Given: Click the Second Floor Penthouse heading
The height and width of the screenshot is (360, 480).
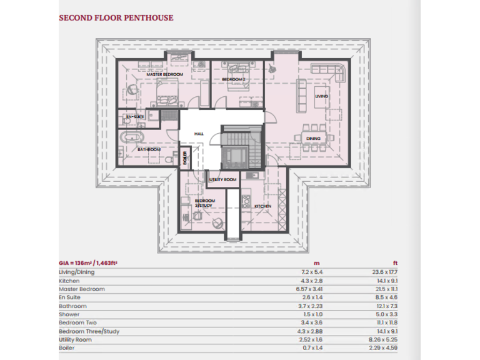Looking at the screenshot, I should (x=116, y=18).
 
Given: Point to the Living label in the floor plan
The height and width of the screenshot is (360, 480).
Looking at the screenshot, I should (x=321, y=96).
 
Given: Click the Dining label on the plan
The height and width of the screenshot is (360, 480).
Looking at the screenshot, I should (x=313, y=138).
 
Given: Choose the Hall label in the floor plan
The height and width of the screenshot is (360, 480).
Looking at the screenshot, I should (x=199, y=134).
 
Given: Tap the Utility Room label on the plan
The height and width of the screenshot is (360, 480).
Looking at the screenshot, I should (x=223, y=180).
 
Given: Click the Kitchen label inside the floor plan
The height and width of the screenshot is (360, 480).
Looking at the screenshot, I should (x=262, y=206).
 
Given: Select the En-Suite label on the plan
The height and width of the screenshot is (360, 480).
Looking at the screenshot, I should (x=136, y=117).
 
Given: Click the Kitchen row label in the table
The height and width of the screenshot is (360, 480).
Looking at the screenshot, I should (x=69, y=281).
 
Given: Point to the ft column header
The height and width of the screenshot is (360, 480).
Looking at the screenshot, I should (x=394, y=264).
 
